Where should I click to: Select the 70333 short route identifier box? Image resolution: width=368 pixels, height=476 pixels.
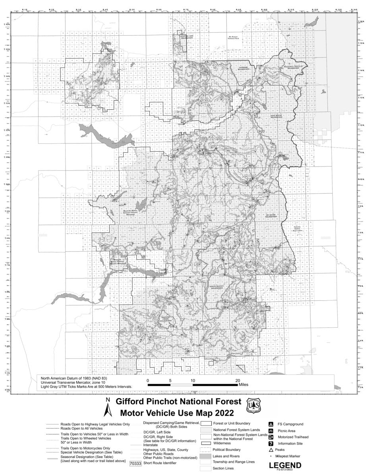136,463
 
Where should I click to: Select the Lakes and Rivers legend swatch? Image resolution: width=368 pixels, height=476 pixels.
205,456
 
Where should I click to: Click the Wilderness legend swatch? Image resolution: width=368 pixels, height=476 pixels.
205,443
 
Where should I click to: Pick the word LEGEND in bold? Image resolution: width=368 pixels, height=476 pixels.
285,465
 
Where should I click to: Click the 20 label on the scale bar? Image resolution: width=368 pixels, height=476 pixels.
237,380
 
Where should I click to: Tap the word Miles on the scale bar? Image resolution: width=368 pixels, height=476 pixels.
244,385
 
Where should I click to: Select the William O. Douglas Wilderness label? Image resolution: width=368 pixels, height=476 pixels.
293,67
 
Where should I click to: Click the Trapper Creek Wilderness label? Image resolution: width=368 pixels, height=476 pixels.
169,318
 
